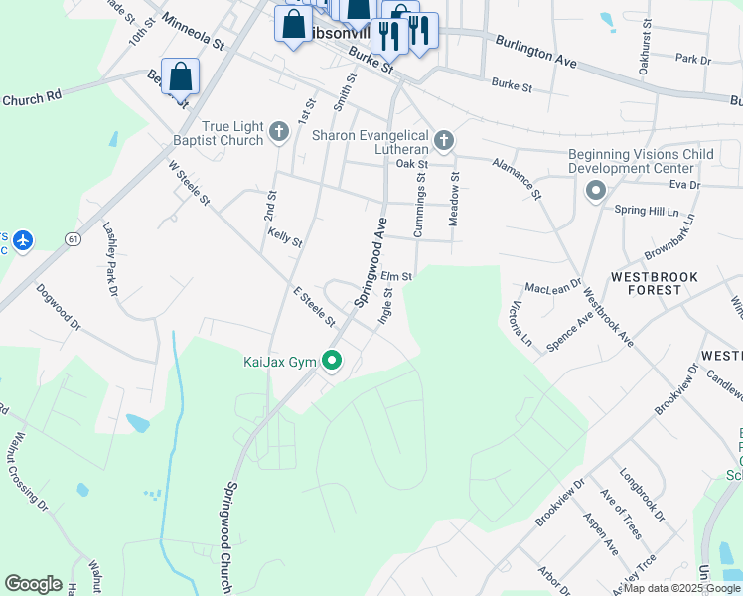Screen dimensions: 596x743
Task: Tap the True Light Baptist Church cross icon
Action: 280,131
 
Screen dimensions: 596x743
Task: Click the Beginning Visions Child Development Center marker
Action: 596,190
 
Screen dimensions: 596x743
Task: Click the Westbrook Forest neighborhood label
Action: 654,283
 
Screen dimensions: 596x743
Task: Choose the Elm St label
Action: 395,277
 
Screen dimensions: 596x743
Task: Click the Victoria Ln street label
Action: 521,322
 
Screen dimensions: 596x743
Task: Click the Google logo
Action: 33,584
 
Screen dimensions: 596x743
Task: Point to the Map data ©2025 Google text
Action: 681,588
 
